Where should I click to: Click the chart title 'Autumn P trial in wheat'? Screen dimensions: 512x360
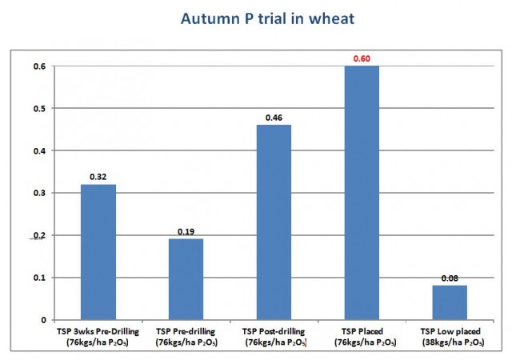(267, 18)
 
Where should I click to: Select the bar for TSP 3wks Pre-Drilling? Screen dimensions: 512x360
(98, 252)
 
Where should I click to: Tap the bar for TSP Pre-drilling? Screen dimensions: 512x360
(186, 279)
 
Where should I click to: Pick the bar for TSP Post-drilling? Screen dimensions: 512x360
(274, 222)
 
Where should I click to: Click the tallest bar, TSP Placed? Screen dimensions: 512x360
(362, 193)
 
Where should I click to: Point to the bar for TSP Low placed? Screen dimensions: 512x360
(450, 302)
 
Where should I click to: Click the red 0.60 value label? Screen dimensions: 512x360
(362, 58)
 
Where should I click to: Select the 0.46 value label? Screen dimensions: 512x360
(274, 118)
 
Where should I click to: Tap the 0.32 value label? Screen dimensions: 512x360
(98, 177)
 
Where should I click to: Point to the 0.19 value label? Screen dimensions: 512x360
(186, 232)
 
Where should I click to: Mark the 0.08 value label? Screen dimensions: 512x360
(450, 278)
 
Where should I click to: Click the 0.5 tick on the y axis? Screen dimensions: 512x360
(39, 109)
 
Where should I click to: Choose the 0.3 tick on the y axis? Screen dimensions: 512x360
(39, 193)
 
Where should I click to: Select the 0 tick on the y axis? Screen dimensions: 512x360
(44, 320)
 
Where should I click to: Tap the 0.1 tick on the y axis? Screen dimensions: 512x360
(39, 278)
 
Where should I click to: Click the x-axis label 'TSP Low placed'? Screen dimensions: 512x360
(450, 331)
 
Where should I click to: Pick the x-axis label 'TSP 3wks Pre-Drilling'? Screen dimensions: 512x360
(98, 331)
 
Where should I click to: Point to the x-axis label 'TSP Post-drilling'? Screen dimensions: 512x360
(274, 331)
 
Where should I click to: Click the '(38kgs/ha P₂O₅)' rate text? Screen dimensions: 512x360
(453, 342)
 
